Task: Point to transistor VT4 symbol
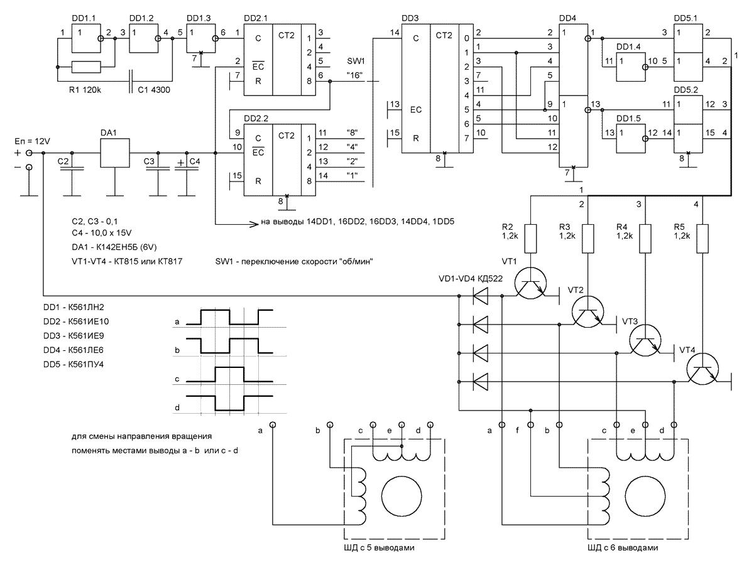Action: coord(702,370)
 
